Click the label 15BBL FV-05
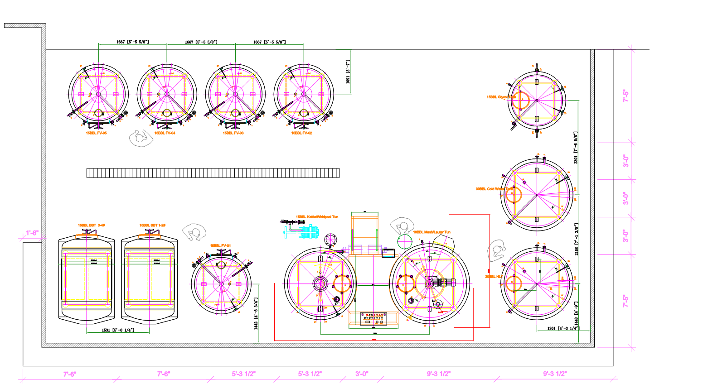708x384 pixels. pyautogui.click(x=96, y=133)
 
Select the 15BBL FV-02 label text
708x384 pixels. pyautogui.click(x=301, y=133)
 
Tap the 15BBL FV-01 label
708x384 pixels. pyautogui.click(x=220, y=246)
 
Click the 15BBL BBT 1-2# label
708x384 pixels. pyautogui.click(x=152, y=225)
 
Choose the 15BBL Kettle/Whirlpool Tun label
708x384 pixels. pyautogui.click(x=317, y=217)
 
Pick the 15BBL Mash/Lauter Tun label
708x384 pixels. pyautogui.click(x=432, y=232)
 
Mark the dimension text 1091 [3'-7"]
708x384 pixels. pyautogui.click(x=348, y=72)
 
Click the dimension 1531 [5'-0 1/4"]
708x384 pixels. pyautogui.click(x=118, y=330)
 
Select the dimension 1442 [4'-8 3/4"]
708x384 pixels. pyautogui.click(x=256, y=313)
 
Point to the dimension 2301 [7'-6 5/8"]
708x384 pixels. pyautogui.click(x=576, y=148)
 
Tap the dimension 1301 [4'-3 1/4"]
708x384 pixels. pyautogui.click(x=563, y=328)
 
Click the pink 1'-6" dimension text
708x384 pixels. pyautogui.click(x=32, y=233)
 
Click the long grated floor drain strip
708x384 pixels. pyautogui.click(x=213, y=173)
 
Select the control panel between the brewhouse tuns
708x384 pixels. pyautogui.click(x=373, y=318)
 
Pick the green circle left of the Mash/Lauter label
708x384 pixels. pyautogui.click(x=404, y=241)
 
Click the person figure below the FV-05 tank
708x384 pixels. pyautogui.click(x=141, y=138)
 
